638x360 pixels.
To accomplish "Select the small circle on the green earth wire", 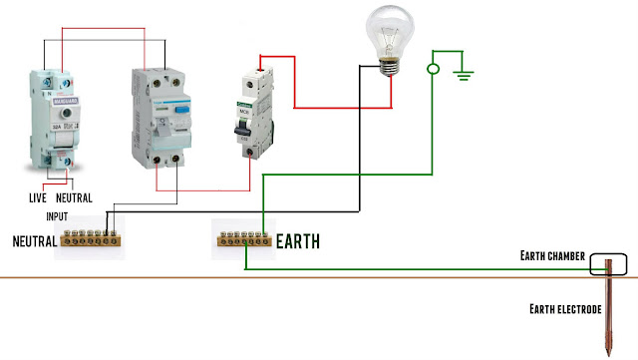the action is point(432,69).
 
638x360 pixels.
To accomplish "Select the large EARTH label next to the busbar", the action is point(297,240).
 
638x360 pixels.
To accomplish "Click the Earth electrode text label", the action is point(565,310).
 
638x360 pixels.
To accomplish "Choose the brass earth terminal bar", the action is point(244,240).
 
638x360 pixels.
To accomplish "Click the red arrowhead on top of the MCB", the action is point(261,71).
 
